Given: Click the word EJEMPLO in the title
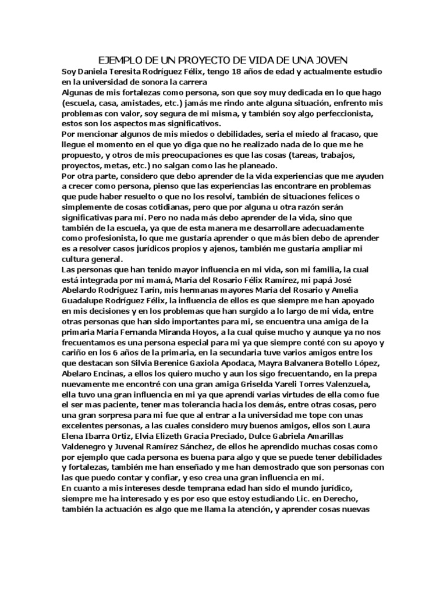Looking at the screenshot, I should pyautogui.click(x=118, y=60).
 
